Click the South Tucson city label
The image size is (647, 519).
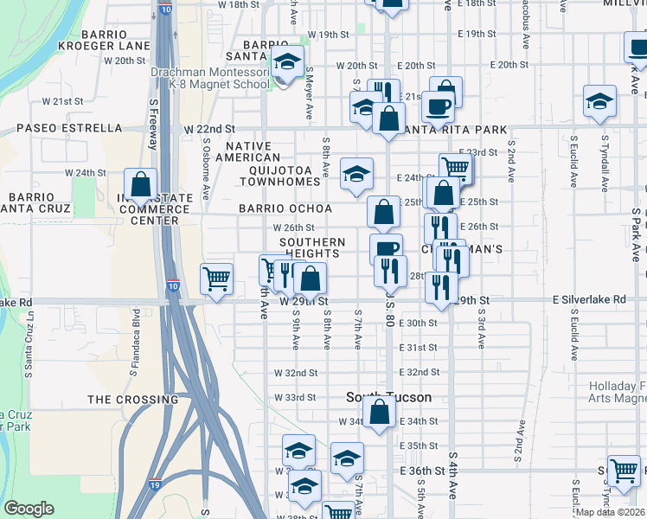point(388,397)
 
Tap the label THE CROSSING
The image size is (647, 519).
point(132,400)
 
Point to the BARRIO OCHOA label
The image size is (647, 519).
point(285,209)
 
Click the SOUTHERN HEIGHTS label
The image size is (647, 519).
point(312,248)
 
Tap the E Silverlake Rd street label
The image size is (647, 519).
point(589,299)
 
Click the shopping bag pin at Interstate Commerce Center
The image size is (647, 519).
point(140,184)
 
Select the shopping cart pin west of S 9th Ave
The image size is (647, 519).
point(216,279)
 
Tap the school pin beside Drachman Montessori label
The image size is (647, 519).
point(288,61)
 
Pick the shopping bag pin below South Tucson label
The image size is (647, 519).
point(380,413)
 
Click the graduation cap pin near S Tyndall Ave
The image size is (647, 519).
point(599,101)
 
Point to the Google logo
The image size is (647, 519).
point(29,509)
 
